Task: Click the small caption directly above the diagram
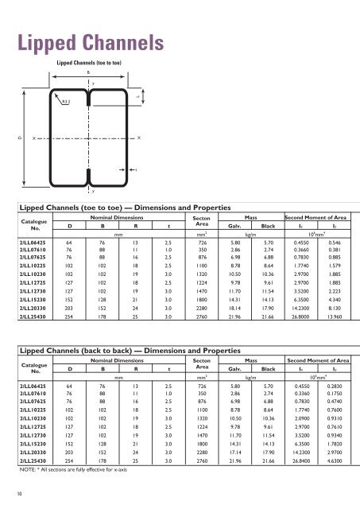coord(88,61)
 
